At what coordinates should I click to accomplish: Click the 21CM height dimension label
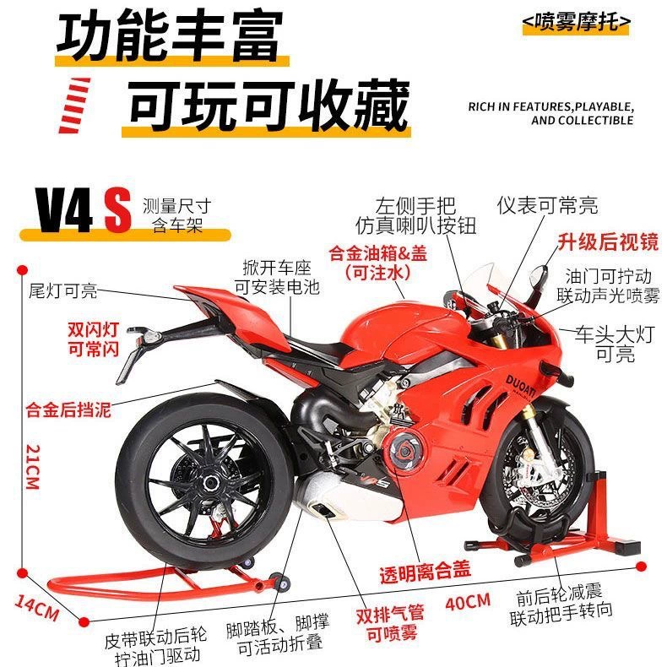(x=33, y=467)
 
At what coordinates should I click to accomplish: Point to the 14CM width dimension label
(x=37, y=607)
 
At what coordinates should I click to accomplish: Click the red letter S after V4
(x=117, y=211)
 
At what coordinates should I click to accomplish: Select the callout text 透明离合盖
(x=425, y=572)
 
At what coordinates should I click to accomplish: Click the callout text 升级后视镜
(x=608, y=242)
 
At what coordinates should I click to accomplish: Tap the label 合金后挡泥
(x=68, y=409)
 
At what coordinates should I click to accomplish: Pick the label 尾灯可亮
(x=63, y=291)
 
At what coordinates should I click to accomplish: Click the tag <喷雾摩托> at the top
(x=576, y=21)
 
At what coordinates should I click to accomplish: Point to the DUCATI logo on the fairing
(x=521, y=385)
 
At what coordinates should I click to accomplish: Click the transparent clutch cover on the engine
(x=403, y=452)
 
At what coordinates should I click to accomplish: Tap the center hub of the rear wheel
(x=210, y=483)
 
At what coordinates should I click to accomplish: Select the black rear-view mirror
(x=538, y=275)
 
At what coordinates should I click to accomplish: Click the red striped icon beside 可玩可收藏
(x=74, y=105)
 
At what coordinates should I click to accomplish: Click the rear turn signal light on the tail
(x=149, y=337)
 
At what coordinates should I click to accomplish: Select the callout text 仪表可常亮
(x=547, y=206)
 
